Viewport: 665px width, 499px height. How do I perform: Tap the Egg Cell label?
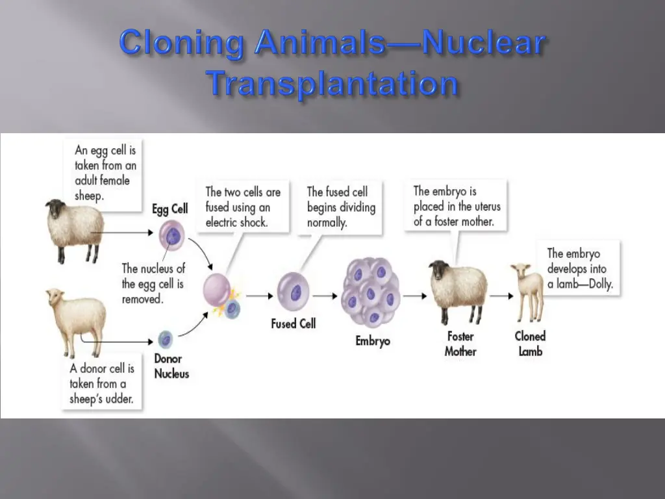pyautogui.click(x=170, y=209)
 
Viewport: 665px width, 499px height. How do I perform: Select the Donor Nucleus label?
pyautogui.click(x=171, y=366)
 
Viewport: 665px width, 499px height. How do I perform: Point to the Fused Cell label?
pyautogui.click(x=293, y=323)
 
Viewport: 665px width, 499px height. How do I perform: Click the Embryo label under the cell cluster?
pyautogui.click(x=373, y=340)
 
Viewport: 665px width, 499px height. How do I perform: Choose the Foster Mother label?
pyautogui.click(x=460, y=344)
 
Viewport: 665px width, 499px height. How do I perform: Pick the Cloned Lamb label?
pyautogui.click(x=530, y=344)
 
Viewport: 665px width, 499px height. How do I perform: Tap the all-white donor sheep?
pyautogui.click(x=75, y=320)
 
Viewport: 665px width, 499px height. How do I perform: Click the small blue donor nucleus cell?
pyautogui.click(x=166, y=339)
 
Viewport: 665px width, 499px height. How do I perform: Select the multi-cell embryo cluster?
pyautogui.click(x=372, y=292)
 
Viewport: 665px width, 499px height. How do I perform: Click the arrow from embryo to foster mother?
pyautogui.click(x=414, y=296)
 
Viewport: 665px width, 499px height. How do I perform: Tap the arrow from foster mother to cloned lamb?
pyautogui.click(x=501, y=296)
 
